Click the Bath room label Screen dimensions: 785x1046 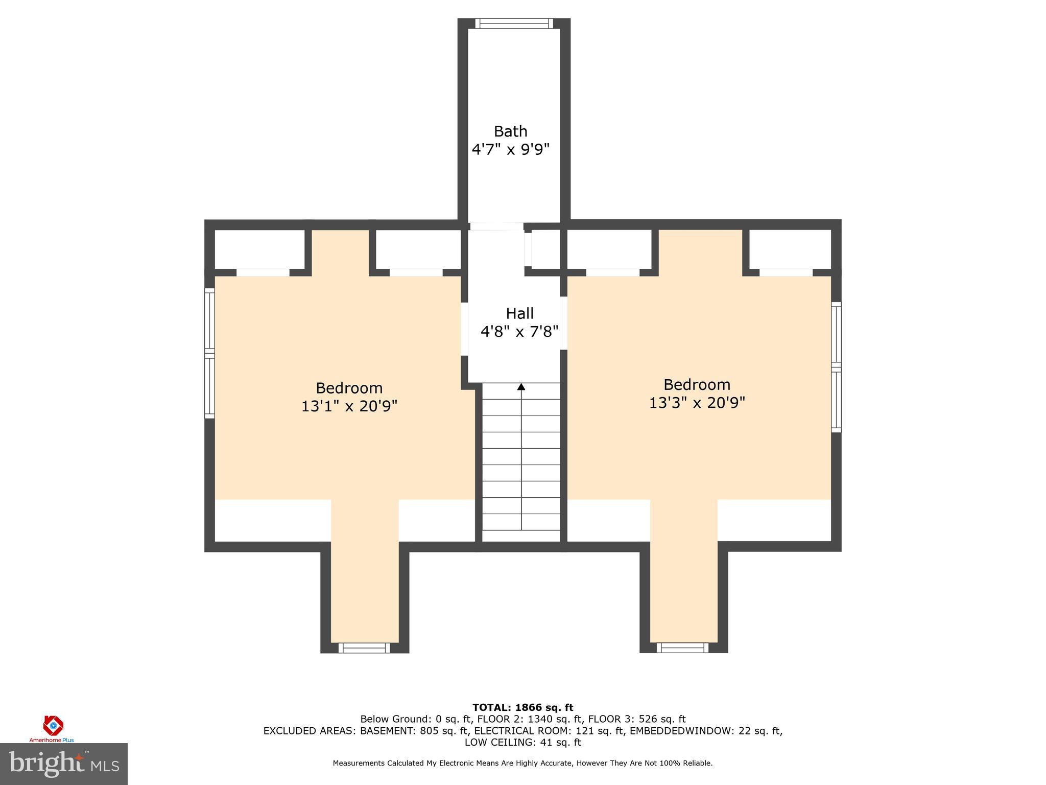510,131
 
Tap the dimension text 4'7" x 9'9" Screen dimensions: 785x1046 510,150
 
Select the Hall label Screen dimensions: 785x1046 519,313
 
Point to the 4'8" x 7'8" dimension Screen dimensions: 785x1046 519,332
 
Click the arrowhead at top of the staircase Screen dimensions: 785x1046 521,387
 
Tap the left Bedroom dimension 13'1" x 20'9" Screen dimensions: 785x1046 349,406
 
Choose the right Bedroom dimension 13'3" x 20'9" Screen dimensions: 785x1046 697,403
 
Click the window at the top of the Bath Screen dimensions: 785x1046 514,24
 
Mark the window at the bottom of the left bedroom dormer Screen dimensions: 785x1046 364,648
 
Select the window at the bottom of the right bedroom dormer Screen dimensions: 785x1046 682,648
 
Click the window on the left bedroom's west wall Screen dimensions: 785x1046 209,353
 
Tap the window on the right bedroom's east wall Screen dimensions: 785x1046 836,367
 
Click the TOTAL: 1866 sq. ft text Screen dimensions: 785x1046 522,707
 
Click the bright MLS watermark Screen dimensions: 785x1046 63,764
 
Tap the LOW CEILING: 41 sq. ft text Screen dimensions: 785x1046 522,742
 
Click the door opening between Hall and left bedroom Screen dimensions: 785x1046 464,329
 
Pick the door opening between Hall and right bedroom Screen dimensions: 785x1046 564,323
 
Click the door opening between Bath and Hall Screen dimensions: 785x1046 496,226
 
